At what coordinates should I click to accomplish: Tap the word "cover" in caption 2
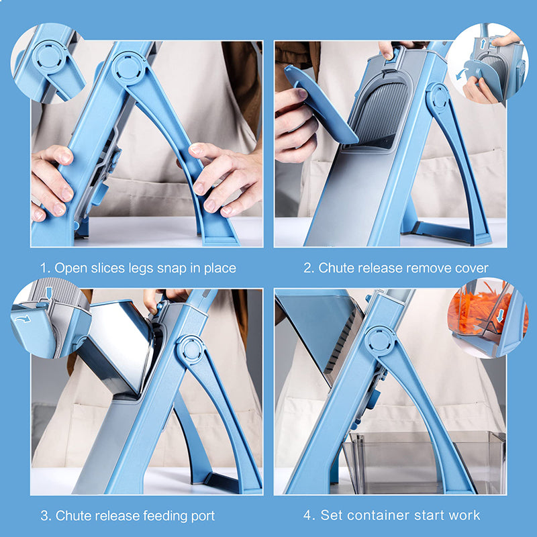(x=471, y=268)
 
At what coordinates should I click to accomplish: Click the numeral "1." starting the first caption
(x=45, y=268)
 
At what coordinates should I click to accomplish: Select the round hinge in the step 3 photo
(x=191, y=349)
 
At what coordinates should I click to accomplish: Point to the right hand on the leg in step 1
(x=225, y=178)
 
